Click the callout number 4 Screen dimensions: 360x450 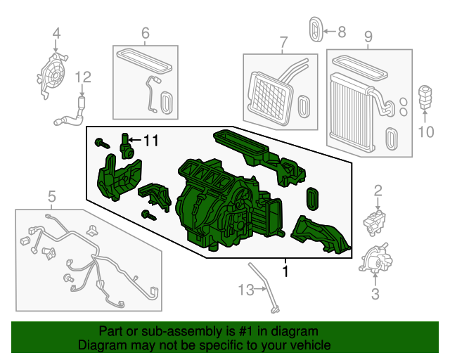[x=56, y=32]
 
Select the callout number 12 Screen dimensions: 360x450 [x=83, y=77]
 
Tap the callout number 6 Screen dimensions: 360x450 [x=146, y=32]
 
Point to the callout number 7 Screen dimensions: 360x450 [x=284, y=42]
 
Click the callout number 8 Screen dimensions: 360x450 [x=342, y=31]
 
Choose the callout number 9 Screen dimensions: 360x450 [x=368, y=35]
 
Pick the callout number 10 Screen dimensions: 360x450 [x=427, y=131]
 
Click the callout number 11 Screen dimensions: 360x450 [x=150, y=141]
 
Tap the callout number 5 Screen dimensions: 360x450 [x=51, y=195]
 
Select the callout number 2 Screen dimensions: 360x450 [x=378, y=190]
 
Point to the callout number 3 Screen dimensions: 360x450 [x=375, y=294]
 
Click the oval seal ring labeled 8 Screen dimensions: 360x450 [x=316, y=29]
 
